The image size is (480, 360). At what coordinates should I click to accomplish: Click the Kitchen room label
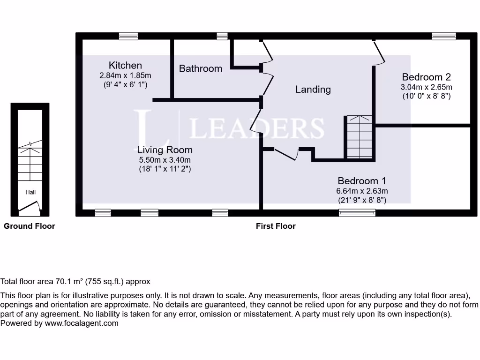[x=125, y=65]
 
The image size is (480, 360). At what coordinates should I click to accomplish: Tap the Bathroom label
[x=201, y=68]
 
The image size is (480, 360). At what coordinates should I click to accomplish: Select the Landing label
[x=313, y=89]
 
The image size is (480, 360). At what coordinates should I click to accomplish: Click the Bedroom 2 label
[x=426, y=77]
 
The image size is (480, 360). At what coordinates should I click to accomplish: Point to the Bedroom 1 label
[x=361, y=181]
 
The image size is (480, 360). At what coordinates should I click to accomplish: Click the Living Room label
[x=165, y=150]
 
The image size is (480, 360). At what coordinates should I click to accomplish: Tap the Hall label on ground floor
[x=30, y=192]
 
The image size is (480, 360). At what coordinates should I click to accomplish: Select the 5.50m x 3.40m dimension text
[x=165, y=160]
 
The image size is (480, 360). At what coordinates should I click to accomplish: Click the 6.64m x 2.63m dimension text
[x=361, y=191]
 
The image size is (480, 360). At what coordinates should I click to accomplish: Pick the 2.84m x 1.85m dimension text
[x=125, y=75]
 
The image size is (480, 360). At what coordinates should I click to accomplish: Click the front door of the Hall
[x=29, y=207]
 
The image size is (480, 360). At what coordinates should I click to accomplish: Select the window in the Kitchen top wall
[x=128, y=36]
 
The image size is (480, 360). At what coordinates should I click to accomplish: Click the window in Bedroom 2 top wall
[x=443, y=36]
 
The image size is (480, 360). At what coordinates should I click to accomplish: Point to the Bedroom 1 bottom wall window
[x=357, y=213]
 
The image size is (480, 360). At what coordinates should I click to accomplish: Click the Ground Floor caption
[x=30, y=226]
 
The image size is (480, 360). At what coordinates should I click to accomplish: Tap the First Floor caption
[x=276, y=226]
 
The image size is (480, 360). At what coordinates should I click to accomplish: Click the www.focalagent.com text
[x=82, y=323]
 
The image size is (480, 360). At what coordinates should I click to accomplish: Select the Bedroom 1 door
[x=287, y=154]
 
